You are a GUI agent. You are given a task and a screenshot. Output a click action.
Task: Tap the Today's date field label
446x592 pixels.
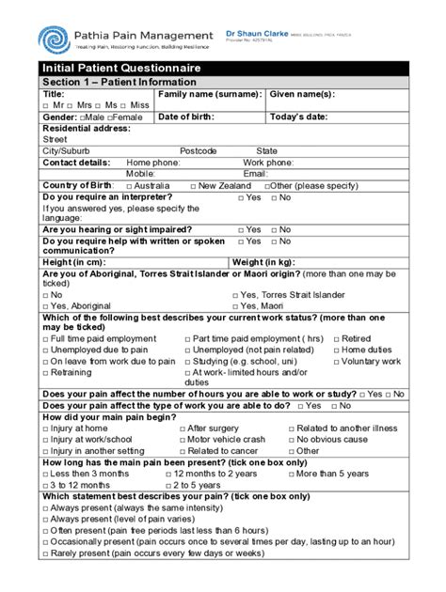[x=302, y=117]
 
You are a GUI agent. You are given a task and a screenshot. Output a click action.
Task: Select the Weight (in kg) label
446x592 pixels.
[x=268, y=261]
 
